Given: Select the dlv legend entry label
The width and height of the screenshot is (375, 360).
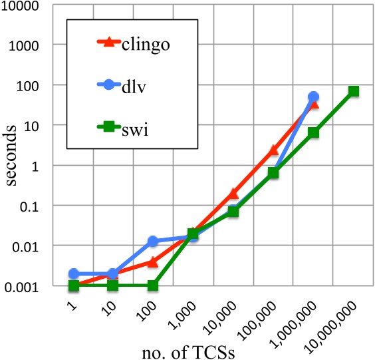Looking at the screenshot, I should pyautogui.click(x=135, y=85).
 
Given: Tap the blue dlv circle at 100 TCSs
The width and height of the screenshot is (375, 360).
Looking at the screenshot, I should pyautogui.click(x=153, y=241).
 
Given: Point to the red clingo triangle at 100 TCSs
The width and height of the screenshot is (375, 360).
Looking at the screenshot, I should pyautogui.click(x=153, y=262).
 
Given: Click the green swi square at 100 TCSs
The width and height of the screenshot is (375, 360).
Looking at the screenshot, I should pyautogui.click(x=153, y=285).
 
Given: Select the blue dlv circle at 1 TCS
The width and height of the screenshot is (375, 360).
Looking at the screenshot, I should pyautogui.click(x=73, y=273).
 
